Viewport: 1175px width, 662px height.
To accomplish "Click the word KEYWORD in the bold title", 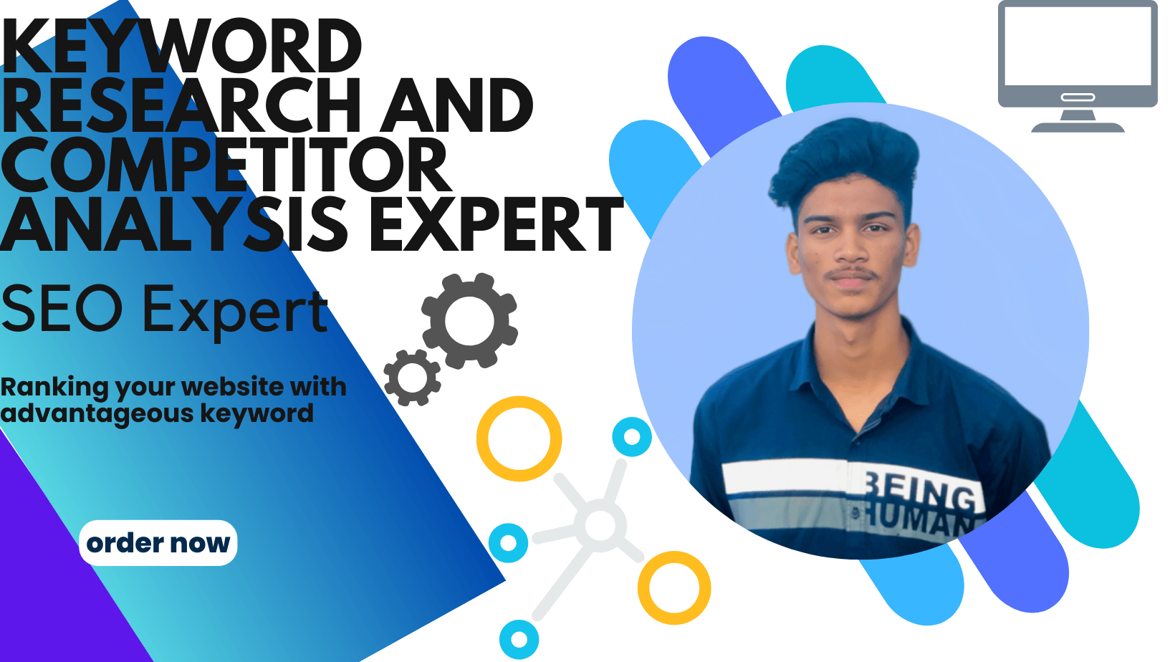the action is (181, 46).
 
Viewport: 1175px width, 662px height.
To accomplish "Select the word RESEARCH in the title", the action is (181, 105).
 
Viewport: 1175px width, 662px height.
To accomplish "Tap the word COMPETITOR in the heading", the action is (226, 165).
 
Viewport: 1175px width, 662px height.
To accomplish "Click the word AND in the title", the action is (456, 105).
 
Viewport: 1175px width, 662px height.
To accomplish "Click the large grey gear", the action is (469, 320).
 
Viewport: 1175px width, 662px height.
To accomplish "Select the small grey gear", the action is (412, 378).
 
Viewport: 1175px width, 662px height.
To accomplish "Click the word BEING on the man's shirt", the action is (920, 492).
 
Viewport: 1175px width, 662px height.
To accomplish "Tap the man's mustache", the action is (852, 275).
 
